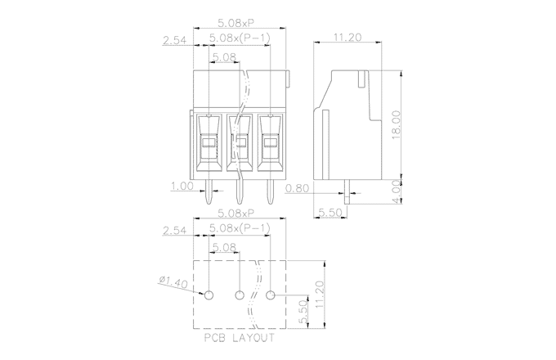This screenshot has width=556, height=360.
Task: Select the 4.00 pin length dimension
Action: pos(395,189)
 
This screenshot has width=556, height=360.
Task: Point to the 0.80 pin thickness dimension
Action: pos(298,188)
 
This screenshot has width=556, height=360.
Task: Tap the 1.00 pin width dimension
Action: pos(182,186)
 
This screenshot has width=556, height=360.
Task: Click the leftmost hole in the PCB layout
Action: pos(209,295)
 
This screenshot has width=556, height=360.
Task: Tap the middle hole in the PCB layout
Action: pos(240,295)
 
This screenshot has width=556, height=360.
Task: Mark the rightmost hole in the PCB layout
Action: pos(271,295)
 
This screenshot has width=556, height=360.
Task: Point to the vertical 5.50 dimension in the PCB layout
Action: pos(303,311)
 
